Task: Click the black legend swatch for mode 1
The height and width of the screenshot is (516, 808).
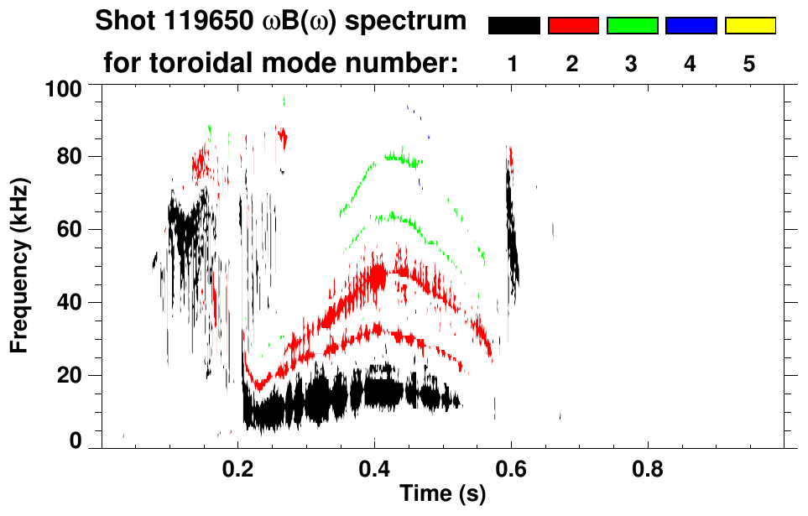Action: (513, 26)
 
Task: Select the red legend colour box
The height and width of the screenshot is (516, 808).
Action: (573, 26)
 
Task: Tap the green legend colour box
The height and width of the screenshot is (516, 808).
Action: (632, 26)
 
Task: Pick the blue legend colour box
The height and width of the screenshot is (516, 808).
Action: (691, 26)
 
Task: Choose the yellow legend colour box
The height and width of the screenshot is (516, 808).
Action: (749, 26)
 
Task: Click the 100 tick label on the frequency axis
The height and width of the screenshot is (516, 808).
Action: (65, 87)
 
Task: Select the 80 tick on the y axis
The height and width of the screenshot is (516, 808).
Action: (70, 157)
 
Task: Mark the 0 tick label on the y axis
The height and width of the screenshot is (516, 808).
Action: (76, 440)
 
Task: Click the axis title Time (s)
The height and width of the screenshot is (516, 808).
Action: (441, 494)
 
